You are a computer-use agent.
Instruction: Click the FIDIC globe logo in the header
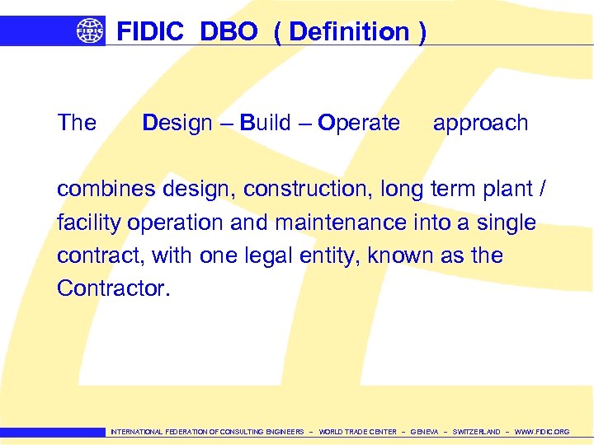pyautogui.click(x=90, y=31)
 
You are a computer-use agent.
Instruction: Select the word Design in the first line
pyautogui.click(x=177, y=123)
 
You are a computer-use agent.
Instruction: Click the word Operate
pyautogui.click(x=359, y=123)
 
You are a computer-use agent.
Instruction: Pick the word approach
pyautogui.click(x=480, y=124)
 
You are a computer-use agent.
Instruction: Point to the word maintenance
pyautogui.click(x=340, y=222)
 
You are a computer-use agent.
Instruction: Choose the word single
pyautogui.click(x=507, y=222)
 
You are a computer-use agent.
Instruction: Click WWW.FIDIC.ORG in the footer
pyautogui.click(x=541, y=432)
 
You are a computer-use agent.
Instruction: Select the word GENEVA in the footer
pyautogui.click(x=424, y=432)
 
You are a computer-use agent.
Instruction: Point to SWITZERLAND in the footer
pyautogui.click(x=476, y=432)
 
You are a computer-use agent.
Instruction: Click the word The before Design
pyautogui.click(x=77, y=123)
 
